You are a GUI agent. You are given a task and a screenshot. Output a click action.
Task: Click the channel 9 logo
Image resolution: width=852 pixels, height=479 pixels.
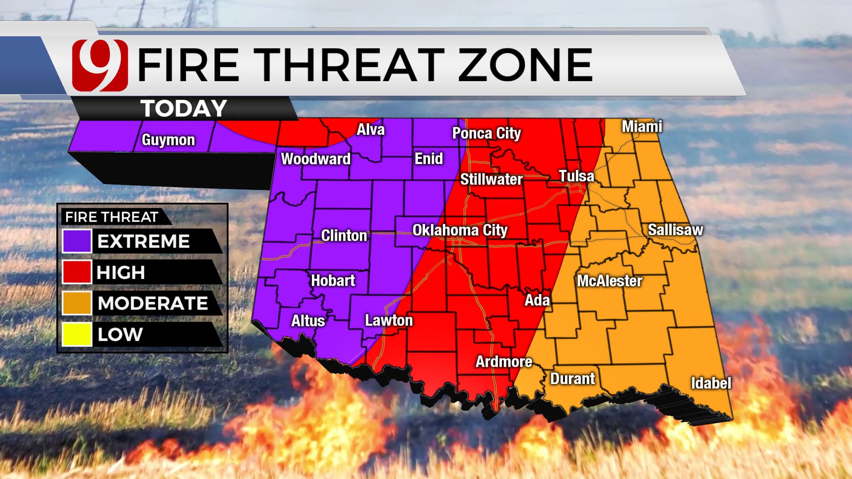(x=100, y=65)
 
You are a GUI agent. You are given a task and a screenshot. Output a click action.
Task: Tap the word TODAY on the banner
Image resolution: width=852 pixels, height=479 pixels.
(x=184, y=109)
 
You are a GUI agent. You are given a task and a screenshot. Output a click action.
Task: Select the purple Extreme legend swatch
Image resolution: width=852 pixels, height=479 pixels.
(x=77, y=241)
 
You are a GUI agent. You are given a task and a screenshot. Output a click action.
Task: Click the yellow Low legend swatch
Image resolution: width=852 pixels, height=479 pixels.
(x=77, y=334)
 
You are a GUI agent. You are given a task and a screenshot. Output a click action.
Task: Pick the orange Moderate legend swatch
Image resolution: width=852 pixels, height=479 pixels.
(x=77, y=303)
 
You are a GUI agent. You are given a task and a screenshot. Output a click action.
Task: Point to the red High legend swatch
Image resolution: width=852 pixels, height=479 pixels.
(x=77, y=272)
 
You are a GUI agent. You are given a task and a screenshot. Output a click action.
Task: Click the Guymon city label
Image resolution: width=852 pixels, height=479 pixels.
(x=168, y=140)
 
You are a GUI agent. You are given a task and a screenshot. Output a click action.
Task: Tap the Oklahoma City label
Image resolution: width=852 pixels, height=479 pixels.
(x=460, y=230)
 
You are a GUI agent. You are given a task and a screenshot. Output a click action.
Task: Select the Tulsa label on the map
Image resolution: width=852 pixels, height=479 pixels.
(x=576, y=176)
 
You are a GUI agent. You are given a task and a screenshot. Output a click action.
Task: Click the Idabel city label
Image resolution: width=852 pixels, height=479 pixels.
(x=711, y=383)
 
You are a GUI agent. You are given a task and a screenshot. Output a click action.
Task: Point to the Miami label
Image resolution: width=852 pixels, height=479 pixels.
(x=642, y=127)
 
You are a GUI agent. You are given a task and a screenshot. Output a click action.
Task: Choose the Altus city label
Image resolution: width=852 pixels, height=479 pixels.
(x=308, y=321)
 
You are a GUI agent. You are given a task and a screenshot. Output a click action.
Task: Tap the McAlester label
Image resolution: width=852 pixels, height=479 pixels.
(x=609, y=281)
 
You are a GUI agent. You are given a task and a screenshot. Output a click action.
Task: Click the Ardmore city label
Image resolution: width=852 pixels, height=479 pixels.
(x=504, y=361)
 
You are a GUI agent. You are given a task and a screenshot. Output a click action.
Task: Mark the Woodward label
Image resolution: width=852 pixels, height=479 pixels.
(x=316, y=159)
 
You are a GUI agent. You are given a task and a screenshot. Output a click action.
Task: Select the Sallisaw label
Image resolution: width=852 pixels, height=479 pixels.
(x=675, y=230)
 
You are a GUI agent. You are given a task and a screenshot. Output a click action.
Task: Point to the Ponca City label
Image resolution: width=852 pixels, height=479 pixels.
(x=486, y=133)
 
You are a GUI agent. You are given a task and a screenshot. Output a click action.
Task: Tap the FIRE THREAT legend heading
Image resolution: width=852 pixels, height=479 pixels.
(x=111, y=217)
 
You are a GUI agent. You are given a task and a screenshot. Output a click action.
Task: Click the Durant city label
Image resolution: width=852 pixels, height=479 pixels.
(x=572, y=379)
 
